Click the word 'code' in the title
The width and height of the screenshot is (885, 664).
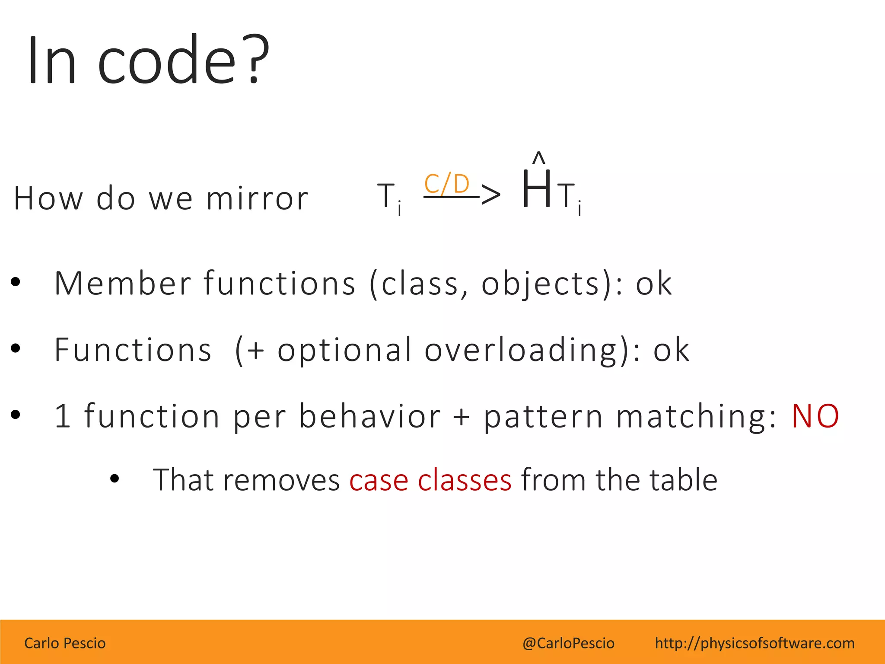click(x=167, y=61)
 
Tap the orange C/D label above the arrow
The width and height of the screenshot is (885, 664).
click(x=447, y=184)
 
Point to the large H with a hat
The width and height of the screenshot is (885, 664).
click(x=536, y=189)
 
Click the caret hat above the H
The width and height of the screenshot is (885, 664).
click(x=538, y=158)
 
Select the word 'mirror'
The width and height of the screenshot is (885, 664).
click(x=257, y=198)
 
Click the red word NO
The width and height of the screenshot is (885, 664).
click(x=815, y=416)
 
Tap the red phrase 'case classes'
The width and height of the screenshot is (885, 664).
click(x=430, y=480)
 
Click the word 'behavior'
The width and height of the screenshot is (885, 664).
click(x=369, y=416)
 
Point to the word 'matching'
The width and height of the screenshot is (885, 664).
click(x=696, y=416)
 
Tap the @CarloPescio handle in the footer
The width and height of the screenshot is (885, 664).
click(x=568, y=643)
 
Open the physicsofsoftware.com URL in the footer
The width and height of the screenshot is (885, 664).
click(x=754, y=643)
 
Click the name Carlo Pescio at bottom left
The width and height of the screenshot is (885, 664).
click(x=65, y=643)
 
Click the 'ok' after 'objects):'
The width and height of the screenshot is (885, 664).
click(x=653, y=284)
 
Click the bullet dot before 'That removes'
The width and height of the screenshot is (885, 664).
click(x=115, y=479)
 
